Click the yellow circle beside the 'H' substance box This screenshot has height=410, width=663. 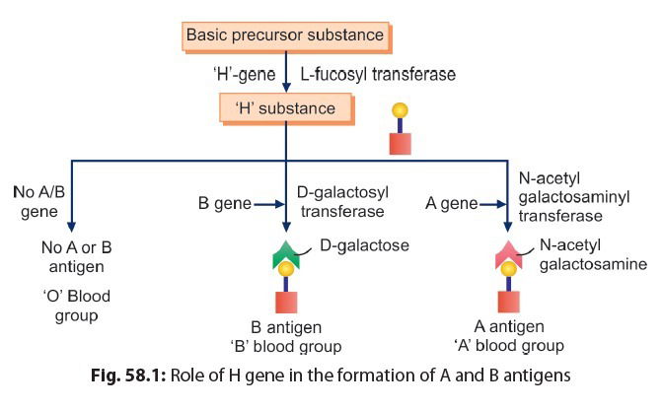tap(399, 113)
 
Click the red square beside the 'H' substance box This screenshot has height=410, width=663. tap(399, 142)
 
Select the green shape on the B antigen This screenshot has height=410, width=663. tap(286, 254)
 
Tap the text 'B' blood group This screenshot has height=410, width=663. tap(287, 346)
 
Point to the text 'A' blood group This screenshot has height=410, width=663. tap(509, 346)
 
